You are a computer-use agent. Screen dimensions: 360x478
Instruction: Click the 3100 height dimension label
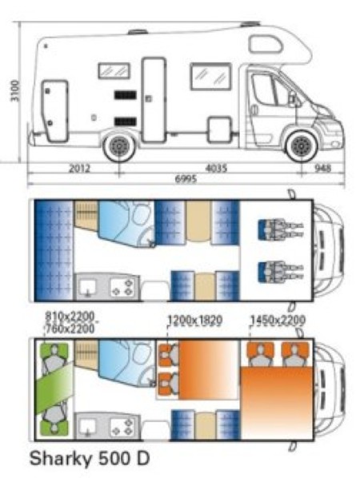click(x=15, y=90)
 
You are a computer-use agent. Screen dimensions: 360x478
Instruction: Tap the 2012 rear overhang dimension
click(x=79, y=168)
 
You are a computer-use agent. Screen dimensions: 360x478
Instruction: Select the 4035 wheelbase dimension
click(x=216, y=168)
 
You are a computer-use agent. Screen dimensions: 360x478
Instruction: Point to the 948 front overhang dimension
click(x=322, y=168)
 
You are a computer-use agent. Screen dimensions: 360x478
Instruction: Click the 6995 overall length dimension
click(x=186, y=178)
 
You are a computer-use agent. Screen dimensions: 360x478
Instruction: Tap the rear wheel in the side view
click(x=119, y=147)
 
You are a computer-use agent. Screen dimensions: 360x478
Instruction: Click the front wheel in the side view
click(x=302, y=146)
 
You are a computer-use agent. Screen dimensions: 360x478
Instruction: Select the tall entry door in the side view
click(x=154, y=100)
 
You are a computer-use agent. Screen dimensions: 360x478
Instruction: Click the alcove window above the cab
click(x=266, y=44)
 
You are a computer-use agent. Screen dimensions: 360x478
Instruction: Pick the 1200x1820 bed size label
click(x=194, y=321)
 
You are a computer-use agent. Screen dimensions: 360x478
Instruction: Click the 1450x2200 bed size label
click(x=278, y=321)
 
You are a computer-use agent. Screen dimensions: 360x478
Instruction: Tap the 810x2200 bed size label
click(x=70, y=317)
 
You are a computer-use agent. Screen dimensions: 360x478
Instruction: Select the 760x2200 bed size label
click(x=70, y=329)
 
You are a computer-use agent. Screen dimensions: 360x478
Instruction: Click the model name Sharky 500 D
click(x=90, y=458)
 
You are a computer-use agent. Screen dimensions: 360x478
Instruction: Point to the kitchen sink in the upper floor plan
click(x=87, y=288)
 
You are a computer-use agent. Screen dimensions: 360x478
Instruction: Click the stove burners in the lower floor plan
click(x=122, y=427)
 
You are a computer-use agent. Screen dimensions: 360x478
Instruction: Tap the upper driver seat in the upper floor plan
click(x=281, y=229)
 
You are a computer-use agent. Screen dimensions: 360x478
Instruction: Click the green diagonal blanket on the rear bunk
click(x=54, y=388)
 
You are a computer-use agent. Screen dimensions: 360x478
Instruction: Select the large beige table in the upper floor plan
click(x=198, y=221)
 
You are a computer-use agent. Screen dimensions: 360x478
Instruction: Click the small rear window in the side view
click(x=114, y=70)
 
